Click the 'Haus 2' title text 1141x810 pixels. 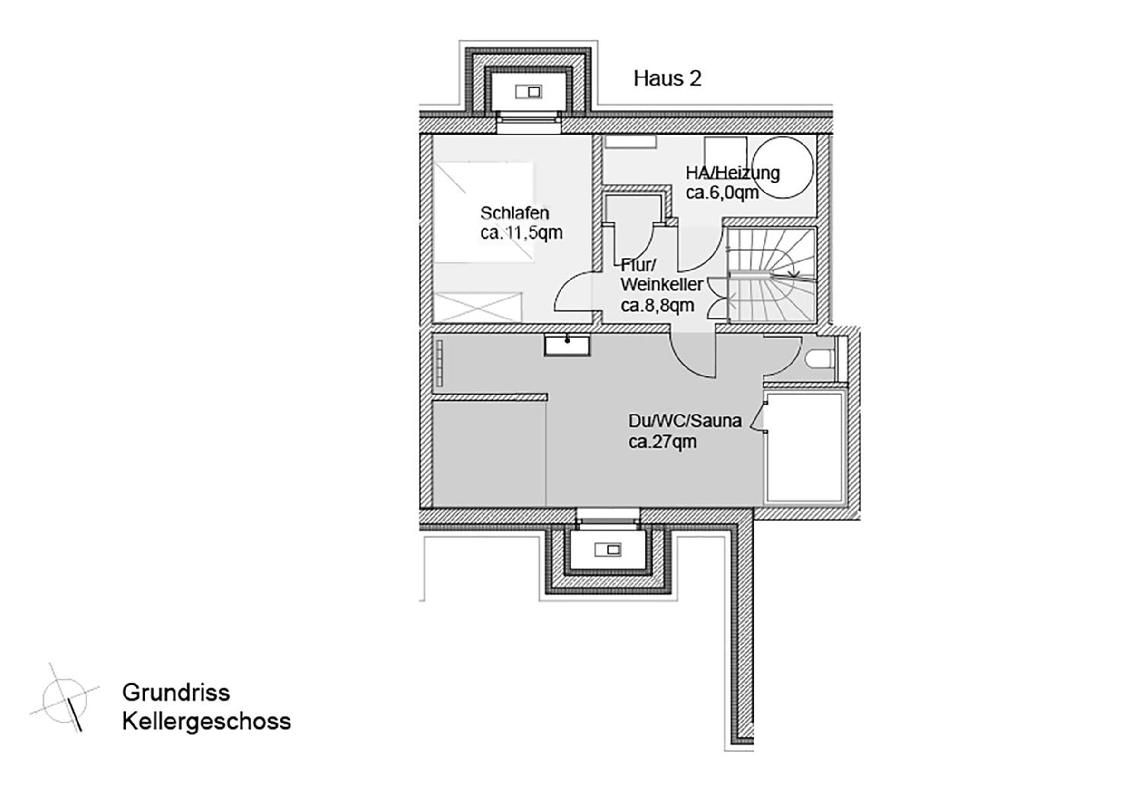(667, 79)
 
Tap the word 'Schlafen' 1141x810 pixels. (515, 213)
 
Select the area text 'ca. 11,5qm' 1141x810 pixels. (521, 233)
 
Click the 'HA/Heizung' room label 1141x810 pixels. (732, 173)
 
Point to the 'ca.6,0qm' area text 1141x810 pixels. (722, 193)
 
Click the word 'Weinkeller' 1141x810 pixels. (662, 285)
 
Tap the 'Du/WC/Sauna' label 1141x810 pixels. (685, 421)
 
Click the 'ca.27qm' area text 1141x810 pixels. (662, 442)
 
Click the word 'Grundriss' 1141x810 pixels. (176, 692)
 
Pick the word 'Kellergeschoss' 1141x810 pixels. (206, 721)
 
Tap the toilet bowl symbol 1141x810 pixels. (818, 358)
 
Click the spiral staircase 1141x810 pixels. (771, 275)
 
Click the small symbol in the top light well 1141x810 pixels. (529, 92)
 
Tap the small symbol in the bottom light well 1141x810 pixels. (609, 550)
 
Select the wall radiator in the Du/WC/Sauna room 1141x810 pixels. (439, 363)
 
